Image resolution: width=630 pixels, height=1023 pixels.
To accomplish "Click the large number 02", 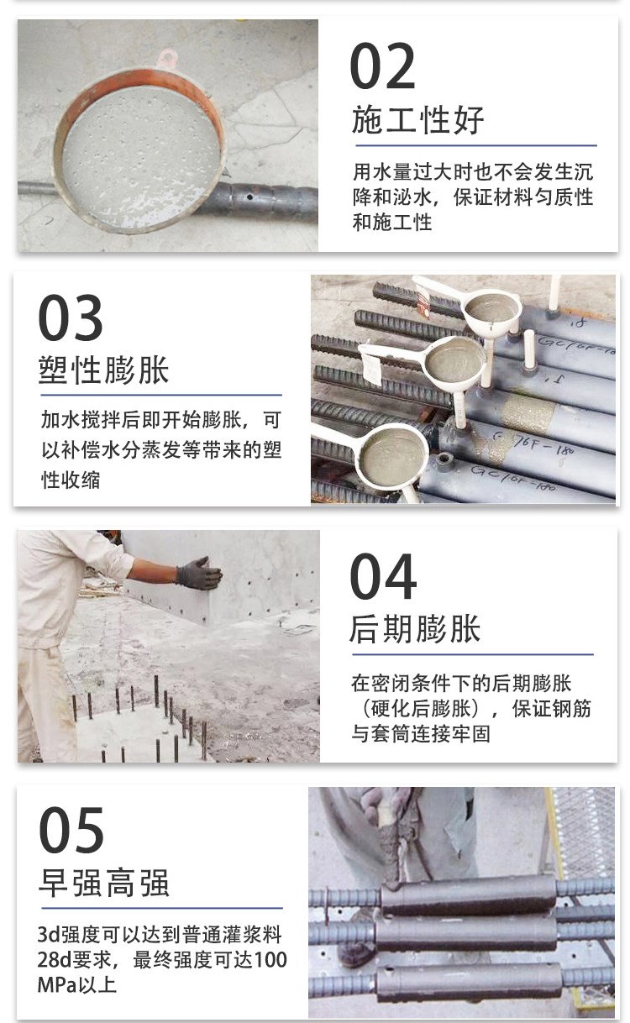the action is tap(383, 66).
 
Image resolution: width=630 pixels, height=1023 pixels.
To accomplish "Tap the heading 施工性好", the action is tap(417, 119).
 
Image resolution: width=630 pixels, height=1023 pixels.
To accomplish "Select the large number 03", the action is tap(71, 317).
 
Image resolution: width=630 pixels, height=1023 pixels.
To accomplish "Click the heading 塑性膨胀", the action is tap(103, 370).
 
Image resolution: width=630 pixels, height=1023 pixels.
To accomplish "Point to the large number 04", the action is tap(383, 576).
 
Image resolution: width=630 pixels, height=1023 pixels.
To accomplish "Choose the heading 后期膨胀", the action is tap(415, 629).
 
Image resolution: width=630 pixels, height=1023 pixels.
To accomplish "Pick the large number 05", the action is tap(71, 830).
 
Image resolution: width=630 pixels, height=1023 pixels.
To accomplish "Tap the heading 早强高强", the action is tap(104, 883).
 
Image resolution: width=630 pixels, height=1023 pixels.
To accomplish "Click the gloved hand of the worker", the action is tap(198, 573).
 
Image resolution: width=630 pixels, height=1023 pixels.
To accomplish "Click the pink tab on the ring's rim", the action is tap(166, 58).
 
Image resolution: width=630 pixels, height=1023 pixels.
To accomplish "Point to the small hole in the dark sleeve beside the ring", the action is tap(249, 197).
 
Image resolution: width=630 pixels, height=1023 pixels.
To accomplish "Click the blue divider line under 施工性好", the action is tap(476, 145).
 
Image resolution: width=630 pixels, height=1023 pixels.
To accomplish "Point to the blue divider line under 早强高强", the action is tap(162, 908).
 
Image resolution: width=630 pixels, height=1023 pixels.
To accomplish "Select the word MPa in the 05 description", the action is tap(57, 984).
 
